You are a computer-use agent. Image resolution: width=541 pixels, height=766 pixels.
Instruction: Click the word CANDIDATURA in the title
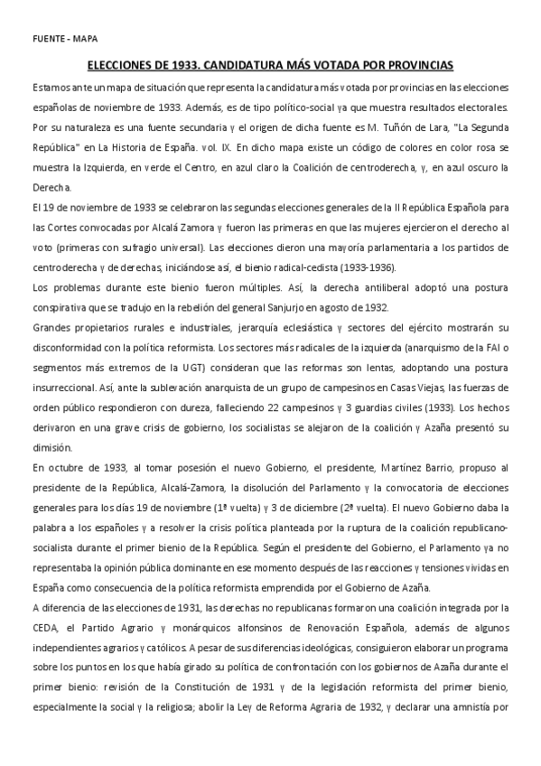[247, 66]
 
